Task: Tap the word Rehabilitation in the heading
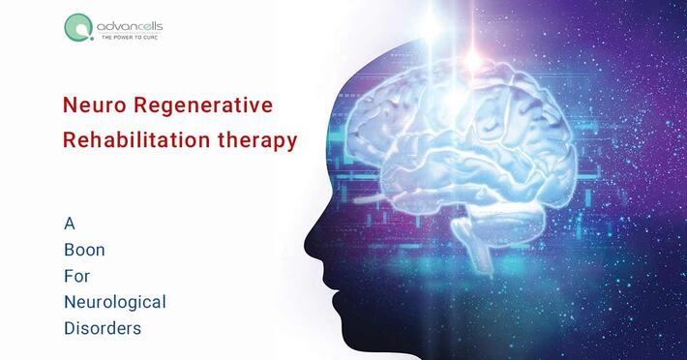(131, 139)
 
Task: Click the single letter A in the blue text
(69, 223)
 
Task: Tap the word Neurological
(114, 302)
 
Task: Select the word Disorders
(102, 328)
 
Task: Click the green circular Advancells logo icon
(76, 27)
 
